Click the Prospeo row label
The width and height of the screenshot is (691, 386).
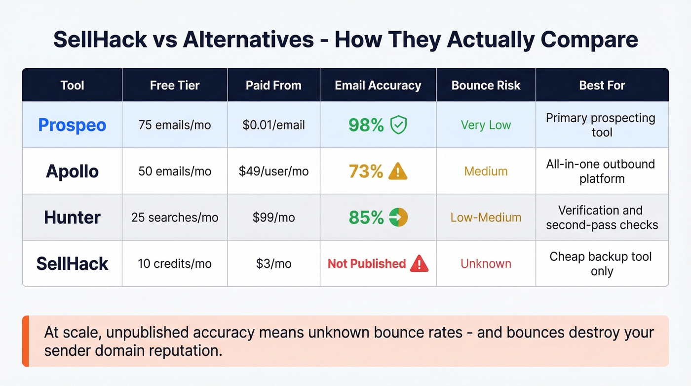(x=72, y=125)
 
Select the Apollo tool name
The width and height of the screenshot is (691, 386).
(x=72, y=172)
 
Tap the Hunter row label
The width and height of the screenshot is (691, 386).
(x=72, y=217)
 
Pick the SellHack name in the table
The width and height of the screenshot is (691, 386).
(x=72, y=263)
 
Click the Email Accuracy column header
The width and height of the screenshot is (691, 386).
(x=378, y=86)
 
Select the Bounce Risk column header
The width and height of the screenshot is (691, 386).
(x=486, y=86)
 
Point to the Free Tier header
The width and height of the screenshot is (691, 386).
(x=175, y=86)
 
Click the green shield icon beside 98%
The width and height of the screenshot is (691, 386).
(x=398, y=126)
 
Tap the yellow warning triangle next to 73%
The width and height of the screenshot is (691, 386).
(x=398, y=172)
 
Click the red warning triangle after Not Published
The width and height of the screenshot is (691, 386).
(x=419, y=263)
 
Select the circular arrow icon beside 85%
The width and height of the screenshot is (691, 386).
(x=398, y=217)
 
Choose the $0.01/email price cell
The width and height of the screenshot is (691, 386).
(x=273, y=125)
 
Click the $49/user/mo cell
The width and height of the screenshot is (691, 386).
(x=273, y=172)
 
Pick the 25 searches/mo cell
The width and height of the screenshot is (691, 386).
(x=175, y=217)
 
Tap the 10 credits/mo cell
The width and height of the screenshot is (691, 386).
(x=175, y=263)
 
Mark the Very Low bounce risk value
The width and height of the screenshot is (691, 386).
(x=486, y=125)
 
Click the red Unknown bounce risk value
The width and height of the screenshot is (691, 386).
(x=486, y=263)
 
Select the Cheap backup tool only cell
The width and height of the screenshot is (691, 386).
(x=602, y=264)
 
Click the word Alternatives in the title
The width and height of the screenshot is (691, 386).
(x=248, y=40)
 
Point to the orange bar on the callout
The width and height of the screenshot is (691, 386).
(x=26, y=341)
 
